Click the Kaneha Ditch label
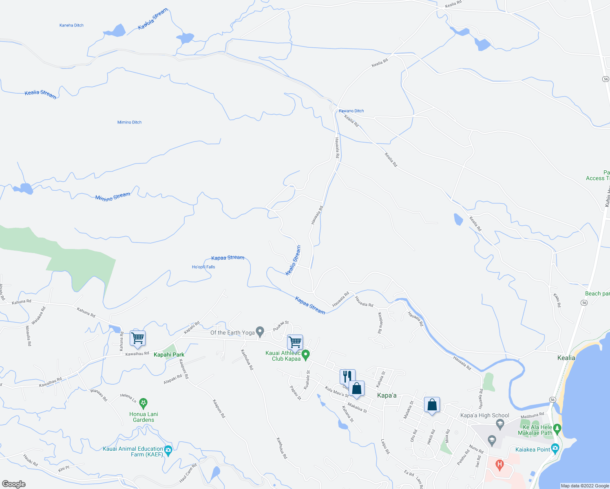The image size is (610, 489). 71,25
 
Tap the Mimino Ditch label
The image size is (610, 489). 129,122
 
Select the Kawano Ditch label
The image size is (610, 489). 351,111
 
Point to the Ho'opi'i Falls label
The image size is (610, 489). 203,267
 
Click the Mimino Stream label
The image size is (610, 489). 113,197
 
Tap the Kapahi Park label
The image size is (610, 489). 169,355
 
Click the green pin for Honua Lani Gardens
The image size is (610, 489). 143,403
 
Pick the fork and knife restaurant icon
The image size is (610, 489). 347,376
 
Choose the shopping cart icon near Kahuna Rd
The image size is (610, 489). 138,338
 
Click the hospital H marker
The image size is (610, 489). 499,465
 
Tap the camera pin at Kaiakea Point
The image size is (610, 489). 555,449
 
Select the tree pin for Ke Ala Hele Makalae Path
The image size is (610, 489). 557,429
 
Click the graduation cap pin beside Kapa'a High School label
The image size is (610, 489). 500,425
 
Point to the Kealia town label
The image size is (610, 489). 566,358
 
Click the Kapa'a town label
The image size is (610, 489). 387,395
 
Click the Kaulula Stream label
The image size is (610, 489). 152,20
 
